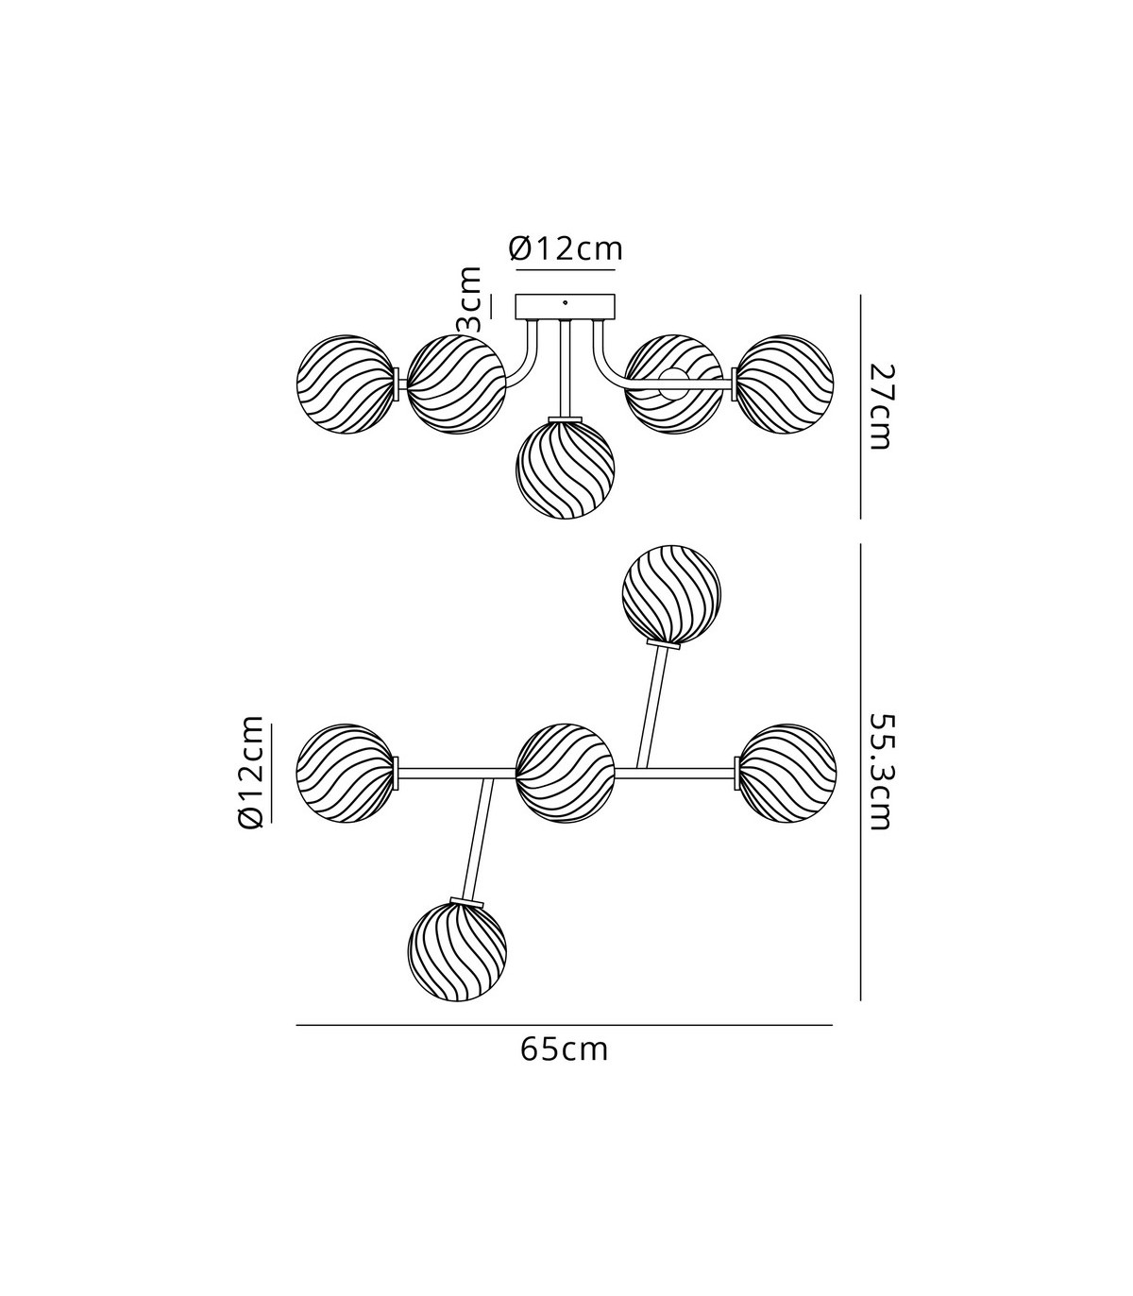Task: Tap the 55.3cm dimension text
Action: click(879, 772)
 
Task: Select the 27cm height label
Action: click(879, 407)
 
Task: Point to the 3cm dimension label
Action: click(469, 299)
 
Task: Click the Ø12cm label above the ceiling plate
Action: click(566, 249)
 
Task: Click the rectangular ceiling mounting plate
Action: click(566, 306)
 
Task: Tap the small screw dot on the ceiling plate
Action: click(566, 303)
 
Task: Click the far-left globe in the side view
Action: click(347, 384)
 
